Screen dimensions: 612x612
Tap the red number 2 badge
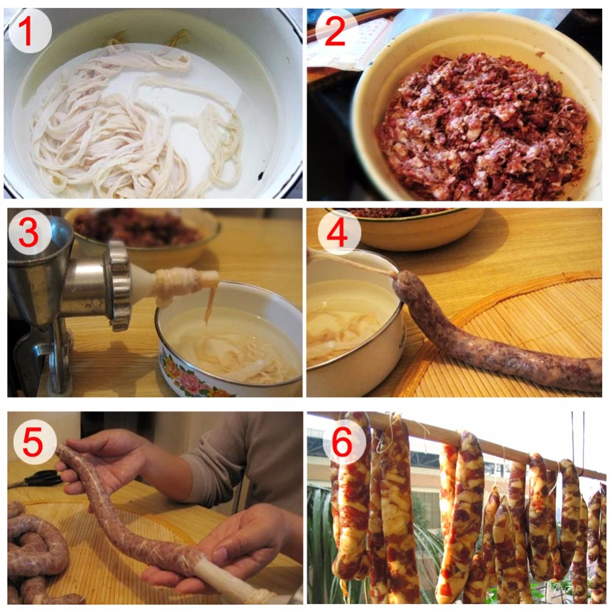click(336, 31)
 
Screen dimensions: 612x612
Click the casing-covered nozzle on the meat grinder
click(177, 282)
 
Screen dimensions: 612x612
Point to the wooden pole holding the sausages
click(465, 443)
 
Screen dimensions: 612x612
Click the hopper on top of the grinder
click(37, 245)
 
